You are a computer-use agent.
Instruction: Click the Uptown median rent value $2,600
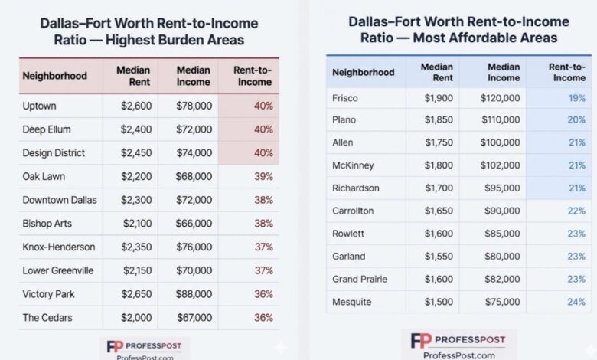click(x=136, y=106)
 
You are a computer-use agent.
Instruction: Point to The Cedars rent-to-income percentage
click(x=263, y=318)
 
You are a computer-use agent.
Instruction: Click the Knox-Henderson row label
click(x=59, y=247)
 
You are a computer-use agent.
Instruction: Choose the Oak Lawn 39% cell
click(x=263, y=176)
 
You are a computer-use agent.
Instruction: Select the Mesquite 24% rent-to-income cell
click(x=576, y=302)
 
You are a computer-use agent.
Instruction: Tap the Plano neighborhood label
click(x=344, y=120)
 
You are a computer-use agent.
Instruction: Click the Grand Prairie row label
click(x=361, y=279)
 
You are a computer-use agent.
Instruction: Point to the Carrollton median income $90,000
click(x=503, y=211)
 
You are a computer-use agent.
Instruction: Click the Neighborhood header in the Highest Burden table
click(x=54, y=76)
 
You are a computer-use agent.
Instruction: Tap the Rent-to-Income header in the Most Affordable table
click(x=567, y=72)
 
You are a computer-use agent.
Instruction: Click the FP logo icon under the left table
click(x=116, y=345)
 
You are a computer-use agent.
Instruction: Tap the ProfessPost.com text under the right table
click(x=458, y=355)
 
